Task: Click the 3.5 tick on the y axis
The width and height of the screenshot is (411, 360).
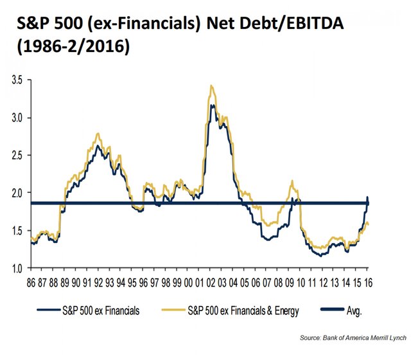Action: [16, 81]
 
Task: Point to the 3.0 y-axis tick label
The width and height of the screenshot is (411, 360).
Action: [16, 118]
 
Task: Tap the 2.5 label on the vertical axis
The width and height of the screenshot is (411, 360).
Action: [16, 156]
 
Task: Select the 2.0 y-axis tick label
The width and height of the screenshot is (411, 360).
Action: [16, 193]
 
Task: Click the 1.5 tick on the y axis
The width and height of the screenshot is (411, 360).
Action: [16, 230]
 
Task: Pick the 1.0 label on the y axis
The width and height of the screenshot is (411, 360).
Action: [16, 267]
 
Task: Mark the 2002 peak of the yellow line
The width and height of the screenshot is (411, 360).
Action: [211, 85]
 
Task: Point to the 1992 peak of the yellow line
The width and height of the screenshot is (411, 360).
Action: [98, 133]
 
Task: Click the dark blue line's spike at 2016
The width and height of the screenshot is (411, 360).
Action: [367, 197]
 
